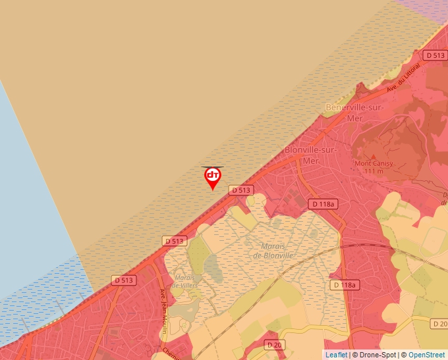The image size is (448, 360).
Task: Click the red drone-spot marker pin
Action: (212, 177)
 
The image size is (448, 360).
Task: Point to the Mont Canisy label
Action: (374, 163)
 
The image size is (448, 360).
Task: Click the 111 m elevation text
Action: (373, 172)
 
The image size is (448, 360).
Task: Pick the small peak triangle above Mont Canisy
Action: (374, 155)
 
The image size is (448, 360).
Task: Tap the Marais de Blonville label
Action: (277, 251)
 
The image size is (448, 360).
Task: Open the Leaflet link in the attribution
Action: (336, 355)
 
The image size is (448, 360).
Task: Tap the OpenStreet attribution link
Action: (426, 355)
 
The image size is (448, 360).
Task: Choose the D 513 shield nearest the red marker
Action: (241, 190)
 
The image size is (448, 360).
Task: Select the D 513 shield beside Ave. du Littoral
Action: (435, 56)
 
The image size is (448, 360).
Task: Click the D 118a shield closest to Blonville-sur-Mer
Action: (323, 204)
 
